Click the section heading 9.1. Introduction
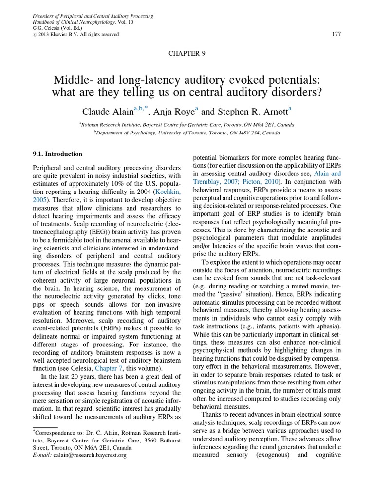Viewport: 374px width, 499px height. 57,154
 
